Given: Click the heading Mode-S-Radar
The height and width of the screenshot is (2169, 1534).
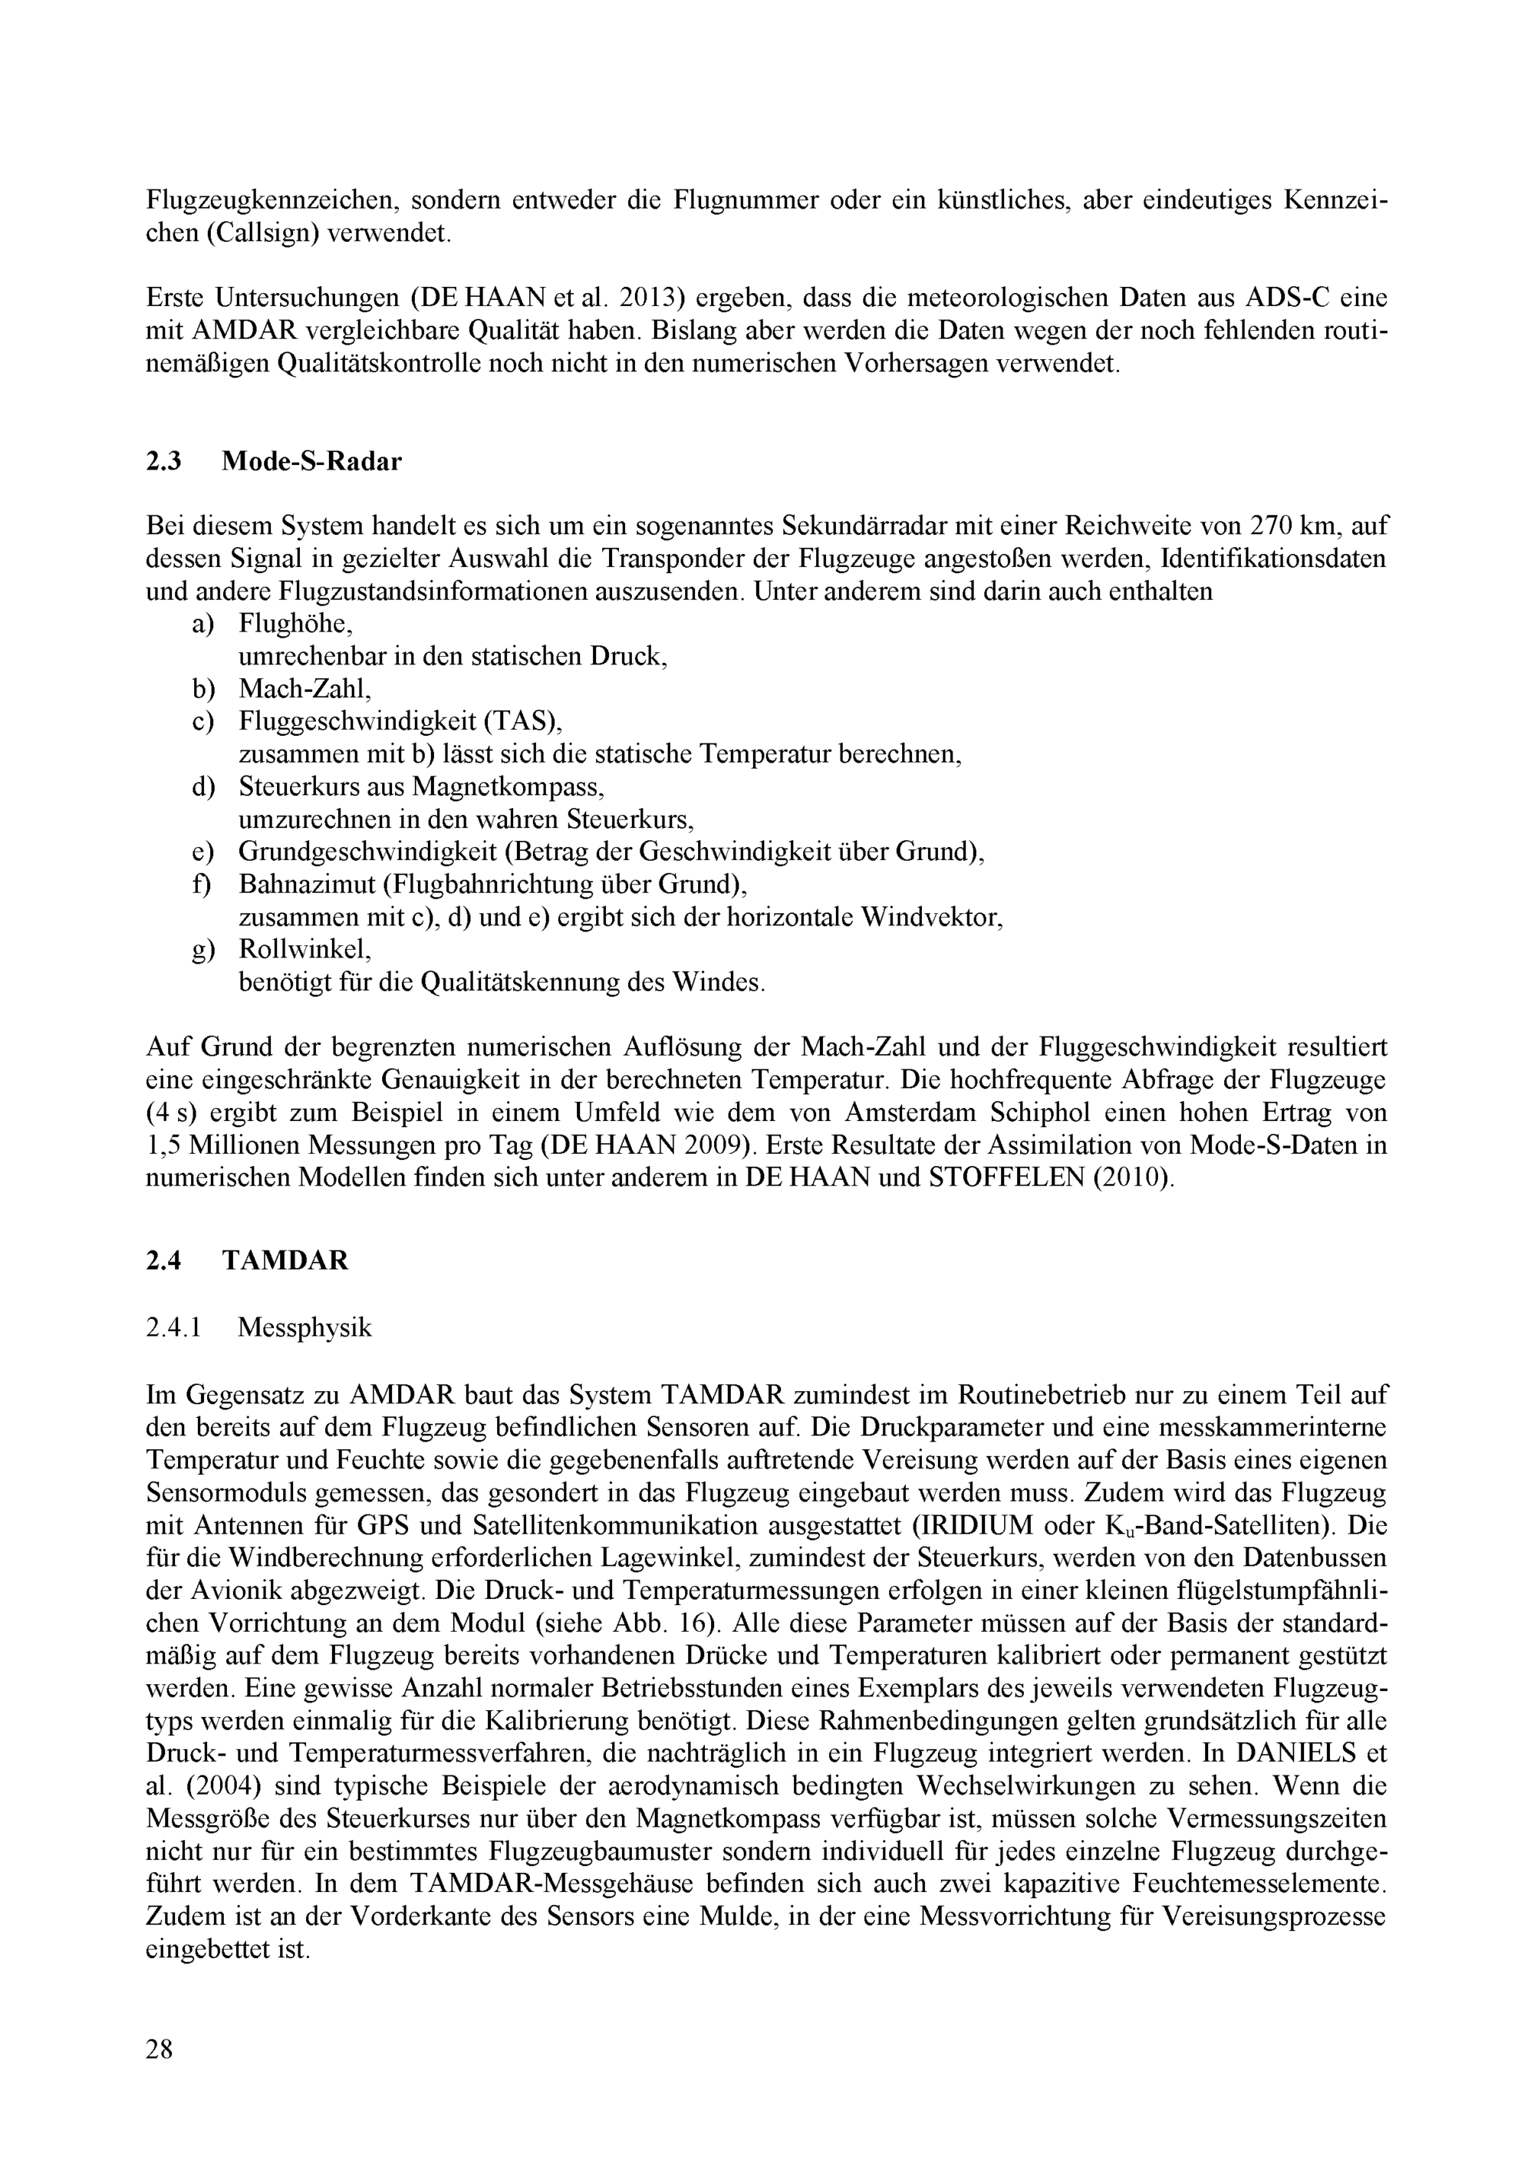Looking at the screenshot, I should pyautogui.click(x=311, y=461).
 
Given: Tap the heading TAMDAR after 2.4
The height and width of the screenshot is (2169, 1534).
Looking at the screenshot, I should pyautogui.click(x=285, y=1261).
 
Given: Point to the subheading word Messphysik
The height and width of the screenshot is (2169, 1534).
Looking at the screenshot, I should pyautogui.click(x=304, y=1327).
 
